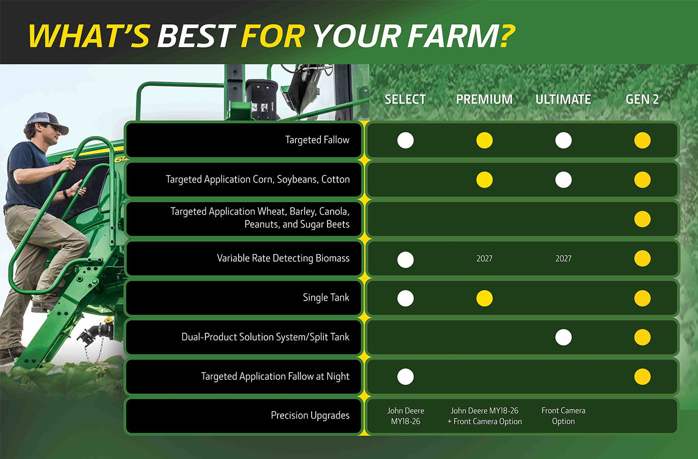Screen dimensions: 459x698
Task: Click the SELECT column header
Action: click(405, 99)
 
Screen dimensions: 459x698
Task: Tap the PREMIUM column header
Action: click(484, 99)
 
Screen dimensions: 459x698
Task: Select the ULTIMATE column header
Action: click(563, 99)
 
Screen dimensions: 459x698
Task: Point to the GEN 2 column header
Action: click(642, 99)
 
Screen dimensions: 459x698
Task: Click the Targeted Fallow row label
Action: click(317, 140)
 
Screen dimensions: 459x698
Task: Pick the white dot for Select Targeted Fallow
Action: click(405, 140)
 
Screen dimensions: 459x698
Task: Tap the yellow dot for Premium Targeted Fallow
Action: click(484, 140)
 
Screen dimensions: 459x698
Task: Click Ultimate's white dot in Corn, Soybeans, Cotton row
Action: click(564, 180)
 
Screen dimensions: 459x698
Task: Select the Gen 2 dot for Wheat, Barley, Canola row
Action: click(642, 219)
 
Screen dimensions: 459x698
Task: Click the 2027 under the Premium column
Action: click(484, 259)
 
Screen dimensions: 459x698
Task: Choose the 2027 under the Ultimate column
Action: click(564, 259)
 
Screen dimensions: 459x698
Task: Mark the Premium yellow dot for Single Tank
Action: click(484, 299)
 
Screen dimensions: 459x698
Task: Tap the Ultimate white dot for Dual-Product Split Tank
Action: click(564, 337)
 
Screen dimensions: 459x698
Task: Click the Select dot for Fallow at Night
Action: click(405, 377)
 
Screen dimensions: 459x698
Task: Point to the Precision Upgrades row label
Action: click(310, 416)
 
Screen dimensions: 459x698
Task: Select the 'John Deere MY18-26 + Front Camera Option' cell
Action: click(484, 416)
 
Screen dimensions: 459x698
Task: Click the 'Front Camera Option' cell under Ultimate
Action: click(563, 416)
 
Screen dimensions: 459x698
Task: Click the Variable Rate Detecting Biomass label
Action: click(283, 259)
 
